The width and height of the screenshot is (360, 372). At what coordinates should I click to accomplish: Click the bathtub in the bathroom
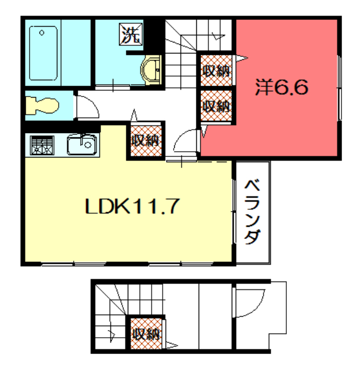pyautogui.click(x=44, y=53)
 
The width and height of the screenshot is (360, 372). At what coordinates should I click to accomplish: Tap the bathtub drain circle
pyautogui.click(x=42, y=33)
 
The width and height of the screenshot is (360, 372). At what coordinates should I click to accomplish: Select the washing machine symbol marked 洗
pyautogui.click(x=131, y=34)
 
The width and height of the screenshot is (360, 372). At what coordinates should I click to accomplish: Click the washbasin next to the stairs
pyautogui.click(x=151, y=70)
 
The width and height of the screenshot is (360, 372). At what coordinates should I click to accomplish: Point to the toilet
pyautogui.click(x=42, y=105)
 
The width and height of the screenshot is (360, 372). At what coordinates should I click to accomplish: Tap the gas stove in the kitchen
pyautogui.click(x=42, y=145)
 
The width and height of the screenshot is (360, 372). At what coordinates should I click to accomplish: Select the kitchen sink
pyautogui.click(x=82, y=145)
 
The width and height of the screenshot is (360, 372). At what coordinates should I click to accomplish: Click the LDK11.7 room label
pyautogui.click(x=132, y=206)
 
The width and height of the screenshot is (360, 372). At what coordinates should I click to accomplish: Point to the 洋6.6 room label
pyautogui.click(x=282, y=87)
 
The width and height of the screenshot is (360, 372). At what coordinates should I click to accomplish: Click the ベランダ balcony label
pyautogui.click(x=253, y=212)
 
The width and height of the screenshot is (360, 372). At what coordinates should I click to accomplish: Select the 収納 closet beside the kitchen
pyautogui.click(x=146, y=141)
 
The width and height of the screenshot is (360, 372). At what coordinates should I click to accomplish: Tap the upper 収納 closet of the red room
pyautogui.click(x=216, y=70)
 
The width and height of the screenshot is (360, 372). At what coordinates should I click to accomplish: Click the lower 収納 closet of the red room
pyautogui.click(x=216, y=106)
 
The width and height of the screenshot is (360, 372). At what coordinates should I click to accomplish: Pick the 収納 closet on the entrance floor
pyautogui.click(x=146, y=334)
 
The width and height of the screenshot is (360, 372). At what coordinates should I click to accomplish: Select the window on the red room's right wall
pyautogui.click(x=339, y=88)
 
